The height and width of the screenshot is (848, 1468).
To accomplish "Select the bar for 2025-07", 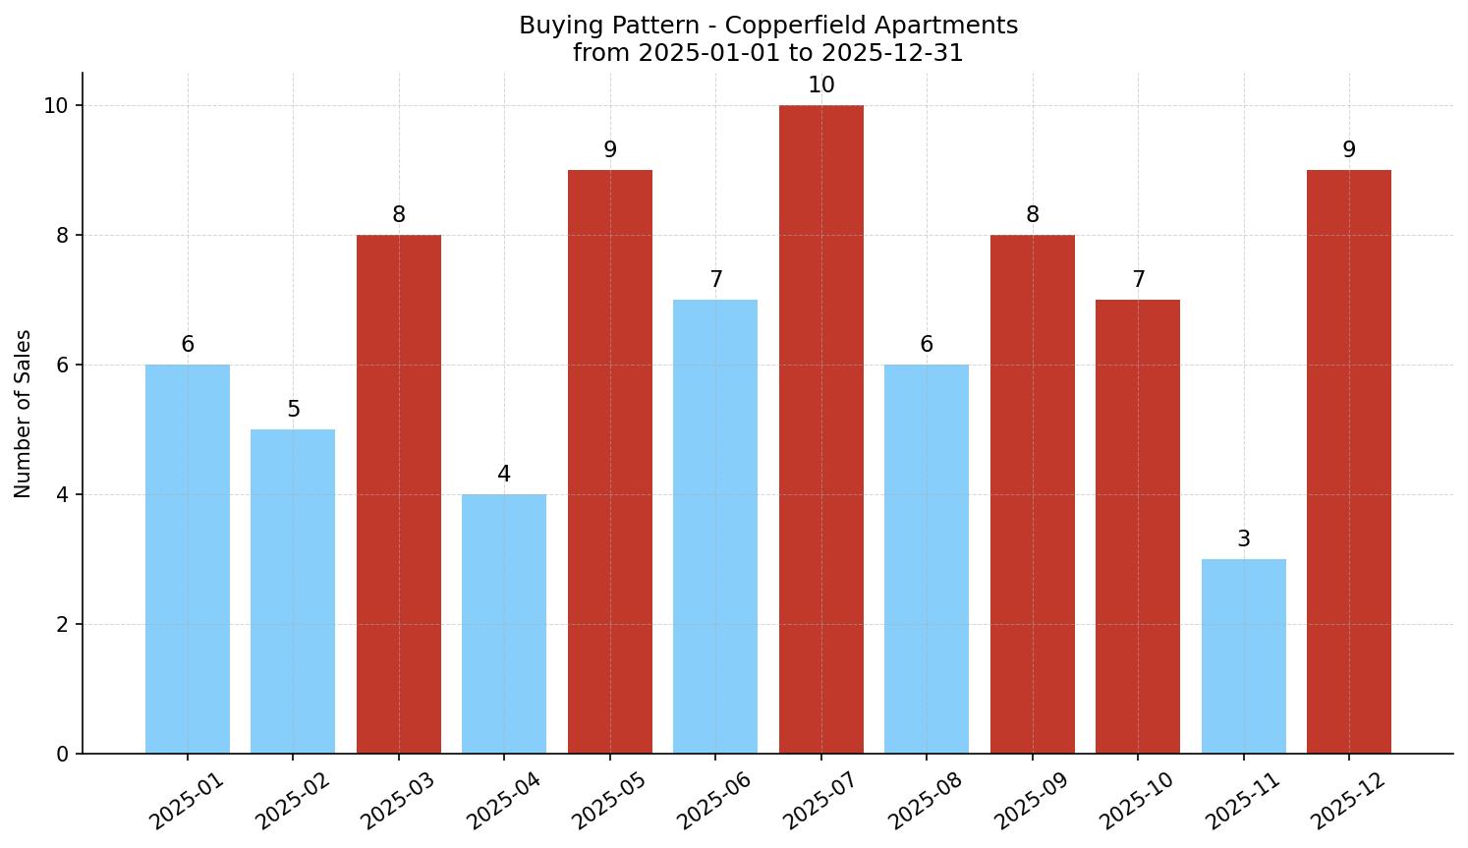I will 820,429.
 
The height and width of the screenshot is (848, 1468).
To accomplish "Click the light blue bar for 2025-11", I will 1243,656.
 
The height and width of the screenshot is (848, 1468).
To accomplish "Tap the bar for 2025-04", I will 504,624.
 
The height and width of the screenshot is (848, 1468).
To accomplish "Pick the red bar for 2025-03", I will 398,494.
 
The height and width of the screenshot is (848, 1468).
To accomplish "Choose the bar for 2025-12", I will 1348,462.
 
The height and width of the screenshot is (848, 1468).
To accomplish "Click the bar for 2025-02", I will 293,592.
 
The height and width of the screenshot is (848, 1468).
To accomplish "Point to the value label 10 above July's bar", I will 820,85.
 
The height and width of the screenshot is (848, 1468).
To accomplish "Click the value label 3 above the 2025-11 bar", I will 1243,539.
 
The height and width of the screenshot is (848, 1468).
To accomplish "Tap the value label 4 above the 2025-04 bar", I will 504,475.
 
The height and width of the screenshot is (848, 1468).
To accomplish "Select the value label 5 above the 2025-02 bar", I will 293,410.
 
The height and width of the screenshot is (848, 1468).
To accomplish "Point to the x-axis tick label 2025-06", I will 714,801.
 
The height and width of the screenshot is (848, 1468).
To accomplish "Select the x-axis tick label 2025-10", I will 1137,801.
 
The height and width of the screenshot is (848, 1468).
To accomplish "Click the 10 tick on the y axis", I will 55,106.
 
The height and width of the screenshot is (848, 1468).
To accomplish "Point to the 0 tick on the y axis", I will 62,755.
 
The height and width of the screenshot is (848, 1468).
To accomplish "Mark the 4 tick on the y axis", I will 62,495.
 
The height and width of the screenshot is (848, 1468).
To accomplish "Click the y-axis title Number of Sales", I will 24,414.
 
